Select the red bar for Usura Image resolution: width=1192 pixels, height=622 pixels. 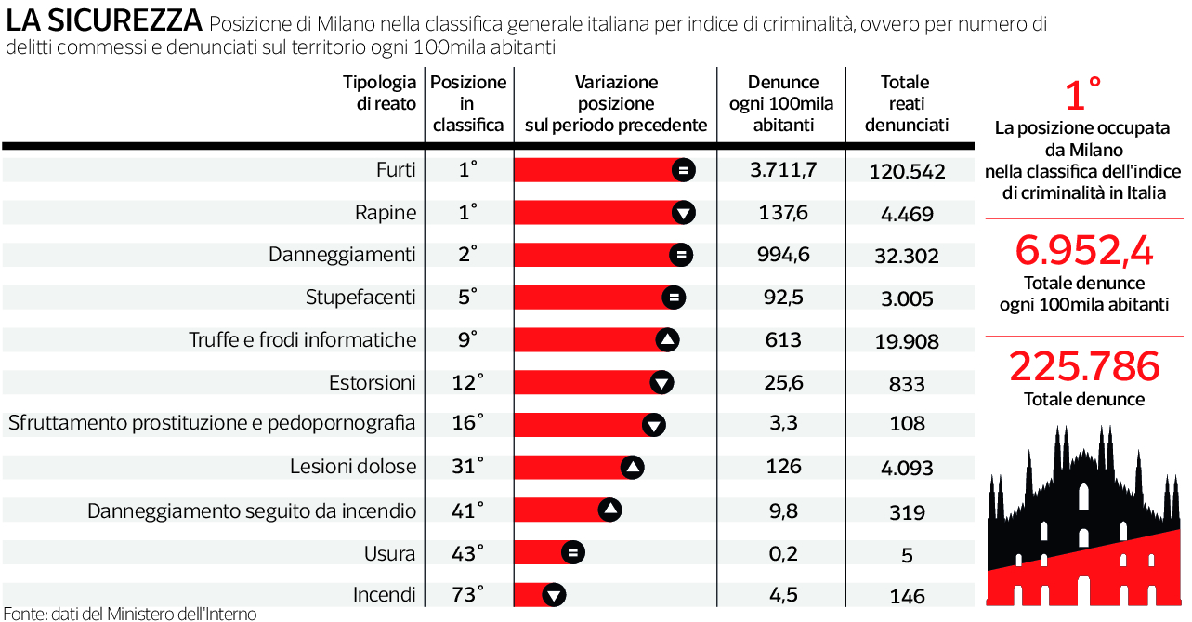(539, 552)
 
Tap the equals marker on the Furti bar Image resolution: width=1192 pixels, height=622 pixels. (683, 169)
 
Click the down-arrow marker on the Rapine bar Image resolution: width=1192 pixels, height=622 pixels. (683, 213)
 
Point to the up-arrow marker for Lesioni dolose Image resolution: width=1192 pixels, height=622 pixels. (632, 467)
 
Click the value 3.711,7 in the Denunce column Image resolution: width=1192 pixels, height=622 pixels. (782, 169)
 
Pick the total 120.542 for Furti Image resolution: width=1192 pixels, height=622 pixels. (907, 171)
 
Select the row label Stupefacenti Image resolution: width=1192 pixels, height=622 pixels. (360, 298)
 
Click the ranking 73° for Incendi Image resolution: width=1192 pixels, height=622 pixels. (467, 595)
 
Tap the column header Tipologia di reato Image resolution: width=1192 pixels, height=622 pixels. (379, 93)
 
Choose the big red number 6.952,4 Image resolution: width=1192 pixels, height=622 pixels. (1083, 251)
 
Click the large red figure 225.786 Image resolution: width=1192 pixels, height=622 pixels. (1083, 366)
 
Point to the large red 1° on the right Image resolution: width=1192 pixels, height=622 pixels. (1083, 96)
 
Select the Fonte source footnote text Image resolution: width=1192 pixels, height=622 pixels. (129, 613)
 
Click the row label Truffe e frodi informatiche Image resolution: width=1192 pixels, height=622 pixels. (302, 340)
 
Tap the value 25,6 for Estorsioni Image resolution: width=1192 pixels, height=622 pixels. (782, 382)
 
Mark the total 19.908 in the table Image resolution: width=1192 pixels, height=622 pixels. (907, 341)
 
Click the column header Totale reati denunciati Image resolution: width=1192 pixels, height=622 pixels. (906, 103)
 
